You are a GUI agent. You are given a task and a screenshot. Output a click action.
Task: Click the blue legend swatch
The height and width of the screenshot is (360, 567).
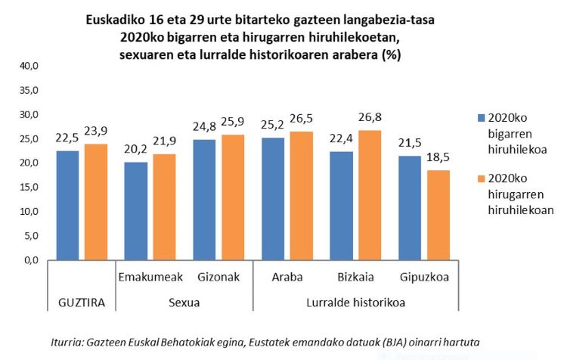[481, 118]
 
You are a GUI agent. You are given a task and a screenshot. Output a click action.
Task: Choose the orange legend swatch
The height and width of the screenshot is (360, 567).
[481, 180]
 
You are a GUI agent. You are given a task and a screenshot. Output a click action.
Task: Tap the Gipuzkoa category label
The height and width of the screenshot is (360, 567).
[424, 278]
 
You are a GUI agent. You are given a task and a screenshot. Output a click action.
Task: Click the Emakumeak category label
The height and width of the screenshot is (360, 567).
[149, 278]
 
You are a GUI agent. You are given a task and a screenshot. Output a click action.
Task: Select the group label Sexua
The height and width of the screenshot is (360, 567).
[183, 303]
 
